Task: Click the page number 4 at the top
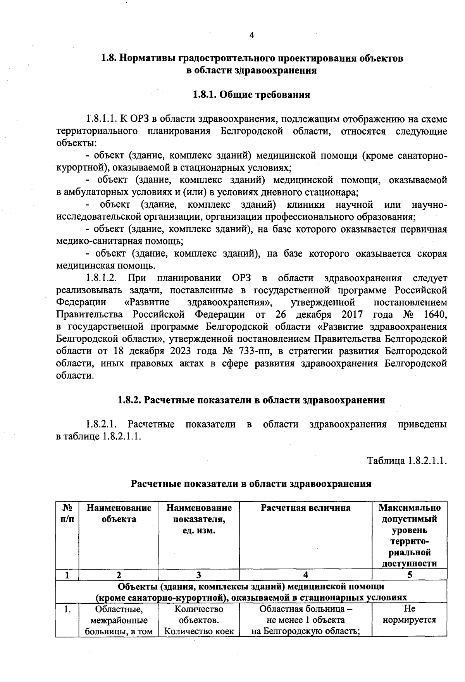251,35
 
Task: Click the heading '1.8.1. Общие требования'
251,95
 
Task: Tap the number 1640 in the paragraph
435,314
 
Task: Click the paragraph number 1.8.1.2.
102,278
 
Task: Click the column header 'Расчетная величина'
305,508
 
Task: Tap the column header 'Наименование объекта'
119,513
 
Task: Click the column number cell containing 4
305,575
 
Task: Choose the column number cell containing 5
409,575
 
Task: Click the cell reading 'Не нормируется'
409,614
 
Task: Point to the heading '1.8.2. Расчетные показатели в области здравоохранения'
251,400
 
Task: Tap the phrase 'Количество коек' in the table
199,631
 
